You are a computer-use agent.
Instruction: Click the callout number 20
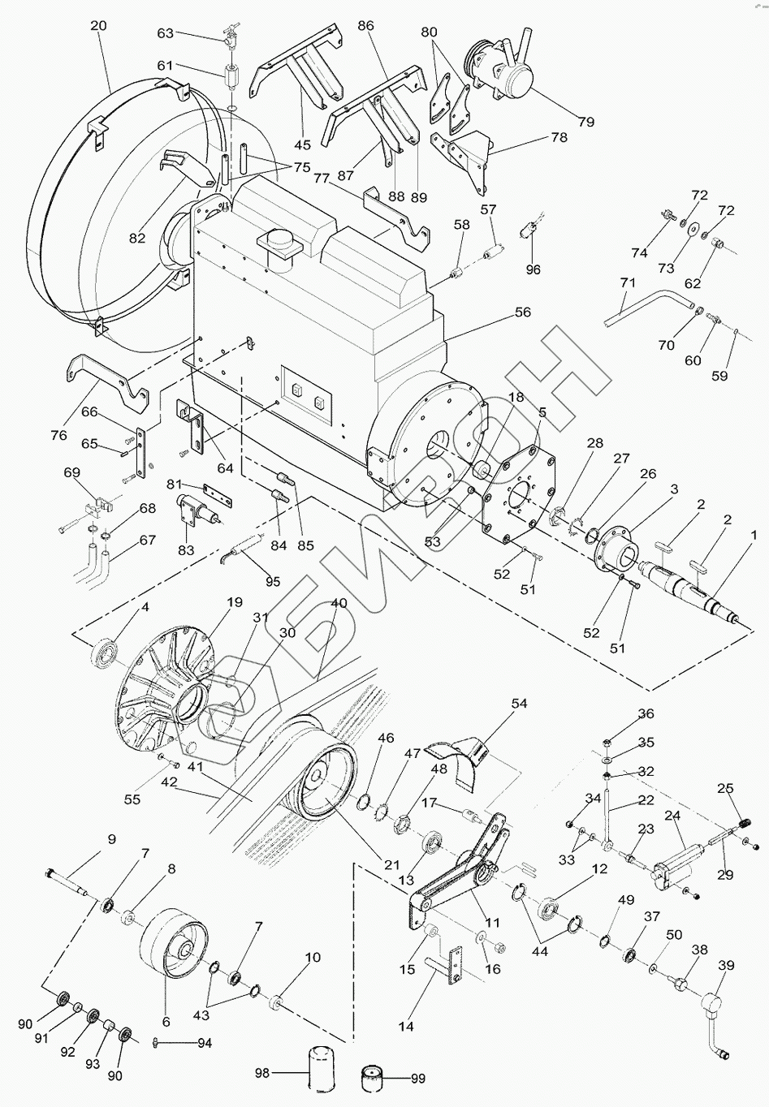[97, 26]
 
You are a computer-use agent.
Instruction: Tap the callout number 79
[585, 122]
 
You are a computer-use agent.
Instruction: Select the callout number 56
[522, 312]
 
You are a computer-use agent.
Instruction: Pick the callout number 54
[519, 704]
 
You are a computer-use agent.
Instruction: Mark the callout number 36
[645, 714]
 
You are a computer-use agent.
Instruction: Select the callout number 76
[58, 435]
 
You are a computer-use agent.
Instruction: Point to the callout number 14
[406, 1026]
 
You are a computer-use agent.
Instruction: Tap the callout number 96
[533, 269]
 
